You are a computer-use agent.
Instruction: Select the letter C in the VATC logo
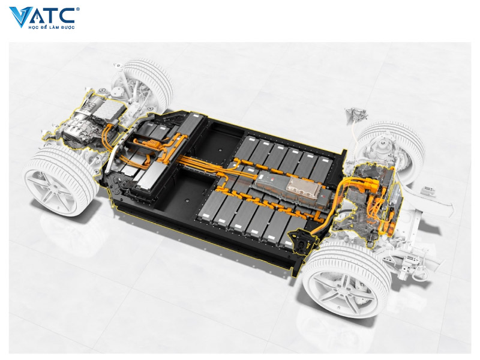(67, 16)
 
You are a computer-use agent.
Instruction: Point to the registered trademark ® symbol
(78, 10)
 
